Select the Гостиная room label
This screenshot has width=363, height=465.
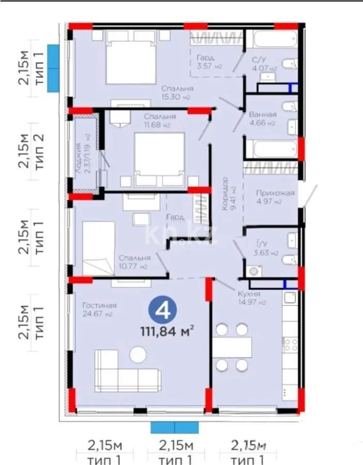[99, 305]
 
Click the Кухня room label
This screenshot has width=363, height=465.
[250, 293]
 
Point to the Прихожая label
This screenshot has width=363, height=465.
[275, 193]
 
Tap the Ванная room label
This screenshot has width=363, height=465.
[262, 114]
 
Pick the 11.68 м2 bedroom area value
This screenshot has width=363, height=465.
[157, 125]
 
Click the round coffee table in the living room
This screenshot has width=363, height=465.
[139, 355]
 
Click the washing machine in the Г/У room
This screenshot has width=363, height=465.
[253, 271]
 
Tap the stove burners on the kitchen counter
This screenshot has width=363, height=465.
[291, 344]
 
